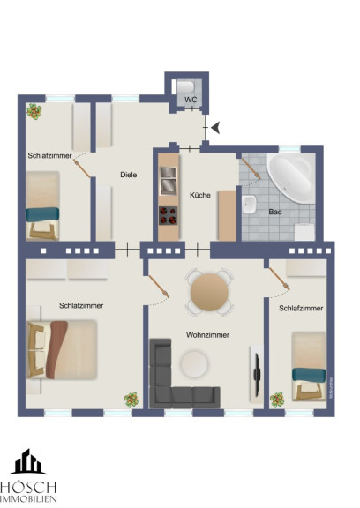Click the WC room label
point(191,100)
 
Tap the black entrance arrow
point(216,127)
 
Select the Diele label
point(129,175)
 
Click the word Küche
point(200,195)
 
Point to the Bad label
point(275,212)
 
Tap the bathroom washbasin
point(249,205)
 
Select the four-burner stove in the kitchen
point(169,215)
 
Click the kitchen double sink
point(169,181)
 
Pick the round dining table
point(209,292)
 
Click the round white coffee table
point(194,363)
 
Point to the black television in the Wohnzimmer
point(257,375)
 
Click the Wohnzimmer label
point(207,334)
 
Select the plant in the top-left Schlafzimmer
point(34,111)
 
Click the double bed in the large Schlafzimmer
point(63,349)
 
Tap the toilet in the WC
point(185,86)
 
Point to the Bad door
point(251,168)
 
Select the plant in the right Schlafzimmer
point(277,400)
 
